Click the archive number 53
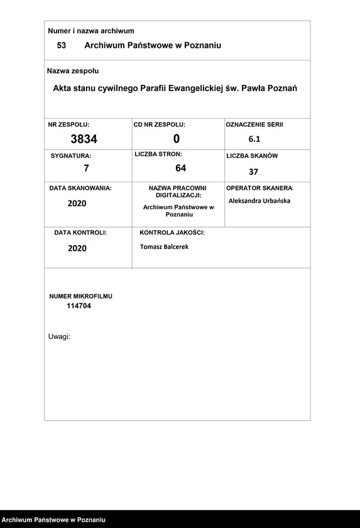click(x=62, y=46)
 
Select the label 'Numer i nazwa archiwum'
click(x=91, y=31)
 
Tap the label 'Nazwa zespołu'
click(x=73, y=71)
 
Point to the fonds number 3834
click(x=84, y=139)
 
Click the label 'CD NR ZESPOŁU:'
click(x=160, y=125)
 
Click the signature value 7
click(x=87, y=168)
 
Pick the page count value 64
click(x=181, y=168)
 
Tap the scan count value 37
click(x=253, y=172)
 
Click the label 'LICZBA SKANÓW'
click(x=252, y=155)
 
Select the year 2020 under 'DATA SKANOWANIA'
click(x=77, y=204)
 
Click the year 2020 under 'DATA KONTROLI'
click(x=77, y=248)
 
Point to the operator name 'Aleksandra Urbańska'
click(x=259, y=201)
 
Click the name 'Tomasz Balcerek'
click(x=164, y=247)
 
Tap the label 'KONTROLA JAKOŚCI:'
click(x=172, y=233)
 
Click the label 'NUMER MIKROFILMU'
click(x=81, y=296)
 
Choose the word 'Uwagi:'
click(x=59, y=337)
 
